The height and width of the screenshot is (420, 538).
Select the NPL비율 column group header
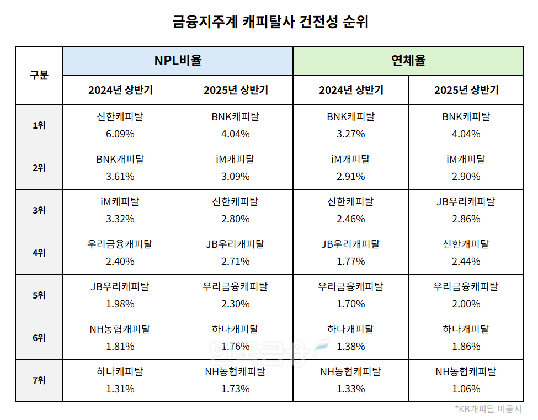(x=177, y=61)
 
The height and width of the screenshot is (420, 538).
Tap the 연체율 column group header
(x=408, y=61)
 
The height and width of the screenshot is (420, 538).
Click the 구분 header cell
(x=39, y=76)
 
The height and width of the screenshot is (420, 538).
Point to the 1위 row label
(x=39, y=125)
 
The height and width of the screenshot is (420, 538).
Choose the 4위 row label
(x=39, y=253)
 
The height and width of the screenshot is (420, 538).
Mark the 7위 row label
(x=39, y=380)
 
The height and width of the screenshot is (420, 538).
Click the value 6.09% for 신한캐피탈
(x=120, y=134)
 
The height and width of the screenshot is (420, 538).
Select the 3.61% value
(x=120, y=177)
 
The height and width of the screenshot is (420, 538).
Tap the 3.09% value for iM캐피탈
(x=235, y=177)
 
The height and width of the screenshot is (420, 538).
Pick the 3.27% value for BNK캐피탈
(x=350, y=134)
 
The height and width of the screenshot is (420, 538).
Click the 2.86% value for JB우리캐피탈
(x=466, y=219)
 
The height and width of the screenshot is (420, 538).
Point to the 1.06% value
(x=466, y=389)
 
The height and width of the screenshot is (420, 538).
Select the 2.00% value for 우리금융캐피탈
(x=466, y=304)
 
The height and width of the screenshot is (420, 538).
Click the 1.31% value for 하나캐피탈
(x=120, y=389)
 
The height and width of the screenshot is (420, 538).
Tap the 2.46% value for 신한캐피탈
(x=350, y=219)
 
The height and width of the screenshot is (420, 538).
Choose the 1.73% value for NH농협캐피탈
(x=235, y=389)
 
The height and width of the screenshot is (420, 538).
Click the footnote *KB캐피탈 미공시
(x=488, y=409)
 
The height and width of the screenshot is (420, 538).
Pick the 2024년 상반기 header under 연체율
(x=350, y=90)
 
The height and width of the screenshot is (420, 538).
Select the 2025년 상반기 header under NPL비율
(x=235, y=90)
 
